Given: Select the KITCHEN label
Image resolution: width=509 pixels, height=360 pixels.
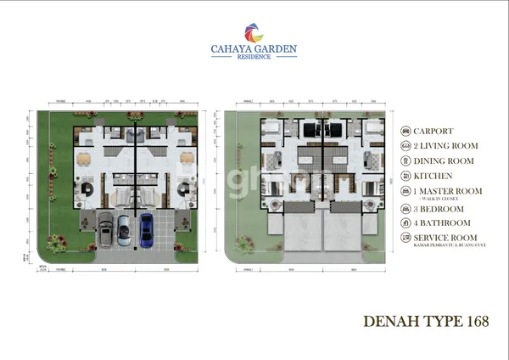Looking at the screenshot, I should tap(432, 176).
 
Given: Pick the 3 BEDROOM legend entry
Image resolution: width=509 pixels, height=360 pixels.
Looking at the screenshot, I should tap(438, 209).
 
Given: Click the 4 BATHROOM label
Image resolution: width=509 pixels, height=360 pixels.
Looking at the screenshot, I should tap(439, 223).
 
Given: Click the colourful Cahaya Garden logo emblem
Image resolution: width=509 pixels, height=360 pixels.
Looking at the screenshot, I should tap(254, 33).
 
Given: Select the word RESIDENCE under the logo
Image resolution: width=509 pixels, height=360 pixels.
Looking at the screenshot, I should tap(254, 58).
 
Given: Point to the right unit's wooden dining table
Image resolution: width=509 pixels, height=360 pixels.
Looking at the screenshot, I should tap(187, 159).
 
